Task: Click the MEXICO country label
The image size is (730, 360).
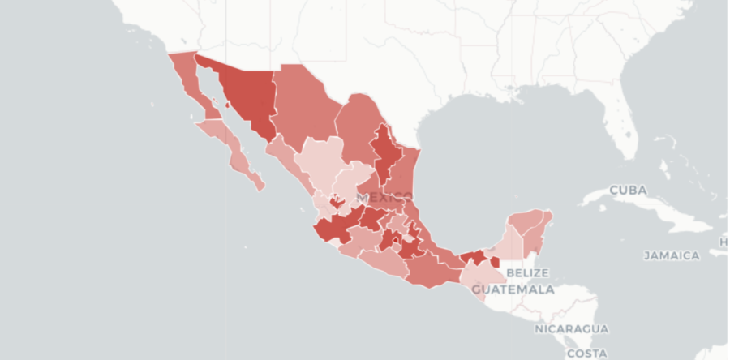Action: pos(384,198)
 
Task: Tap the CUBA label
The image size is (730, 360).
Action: pos(628,191)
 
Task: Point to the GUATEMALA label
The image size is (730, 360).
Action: pos(513,289)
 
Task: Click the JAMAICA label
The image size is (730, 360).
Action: pos(672,255)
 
